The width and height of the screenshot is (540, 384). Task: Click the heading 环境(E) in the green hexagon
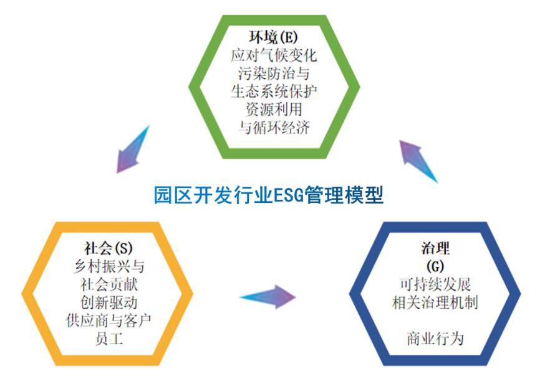(274, 37)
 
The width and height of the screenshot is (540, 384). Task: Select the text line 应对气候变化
(274, 55)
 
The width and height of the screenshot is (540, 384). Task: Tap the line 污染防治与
(274, 73)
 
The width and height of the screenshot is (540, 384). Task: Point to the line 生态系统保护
(274, 91)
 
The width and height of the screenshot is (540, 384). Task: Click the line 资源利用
(274, 110)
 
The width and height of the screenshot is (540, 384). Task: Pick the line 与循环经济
(274, 128)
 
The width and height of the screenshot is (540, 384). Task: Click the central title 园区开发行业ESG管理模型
(269, 195)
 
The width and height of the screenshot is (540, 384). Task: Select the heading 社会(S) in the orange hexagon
(108, 248)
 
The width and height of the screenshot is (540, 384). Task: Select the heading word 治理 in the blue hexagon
(435, 248)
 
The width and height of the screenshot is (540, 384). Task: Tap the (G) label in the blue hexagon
(435, 266)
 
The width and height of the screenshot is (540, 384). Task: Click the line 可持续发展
(435, 284)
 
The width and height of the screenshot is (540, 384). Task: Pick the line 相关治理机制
(435, 302)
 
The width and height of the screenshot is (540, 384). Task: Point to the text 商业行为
(435, 339)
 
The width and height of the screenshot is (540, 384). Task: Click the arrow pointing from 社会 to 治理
(268, 297)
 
